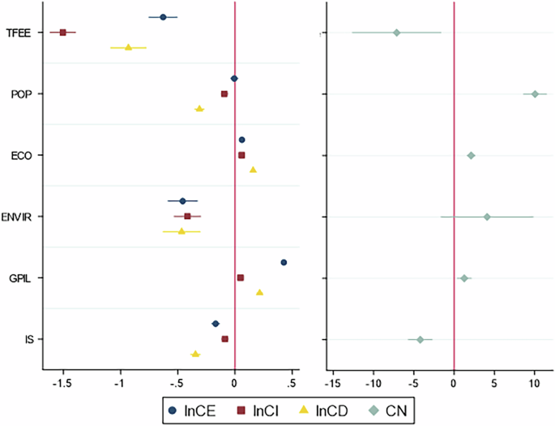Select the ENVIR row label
17,217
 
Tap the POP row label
20,94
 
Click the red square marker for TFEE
63,32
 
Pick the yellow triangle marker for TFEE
128,47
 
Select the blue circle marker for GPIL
284,262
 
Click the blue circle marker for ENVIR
182,201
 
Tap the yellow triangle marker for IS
195,355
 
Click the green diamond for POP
535,94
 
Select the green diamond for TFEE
396,32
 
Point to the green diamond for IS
421,339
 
